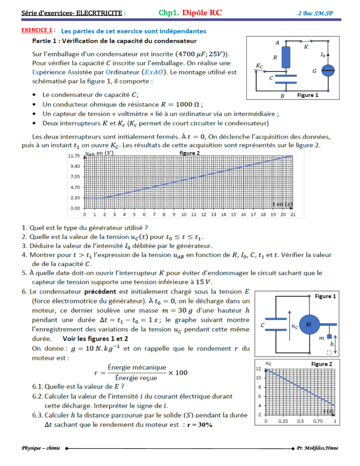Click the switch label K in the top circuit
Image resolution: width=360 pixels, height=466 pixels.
(306, 47)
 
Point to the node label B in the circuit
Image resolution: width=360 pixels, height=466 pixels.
(283, 96)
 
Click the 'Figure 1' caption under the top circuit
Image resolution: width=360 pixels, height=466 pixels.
(307, 95)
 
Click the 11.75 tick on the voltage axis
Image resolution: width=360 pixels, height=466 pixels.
(74, 156)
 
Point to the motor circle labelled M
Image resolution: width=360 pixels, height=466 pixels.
(307, 324)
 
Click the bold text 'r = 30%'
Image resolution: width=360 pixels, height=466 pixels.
(200, 425)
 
